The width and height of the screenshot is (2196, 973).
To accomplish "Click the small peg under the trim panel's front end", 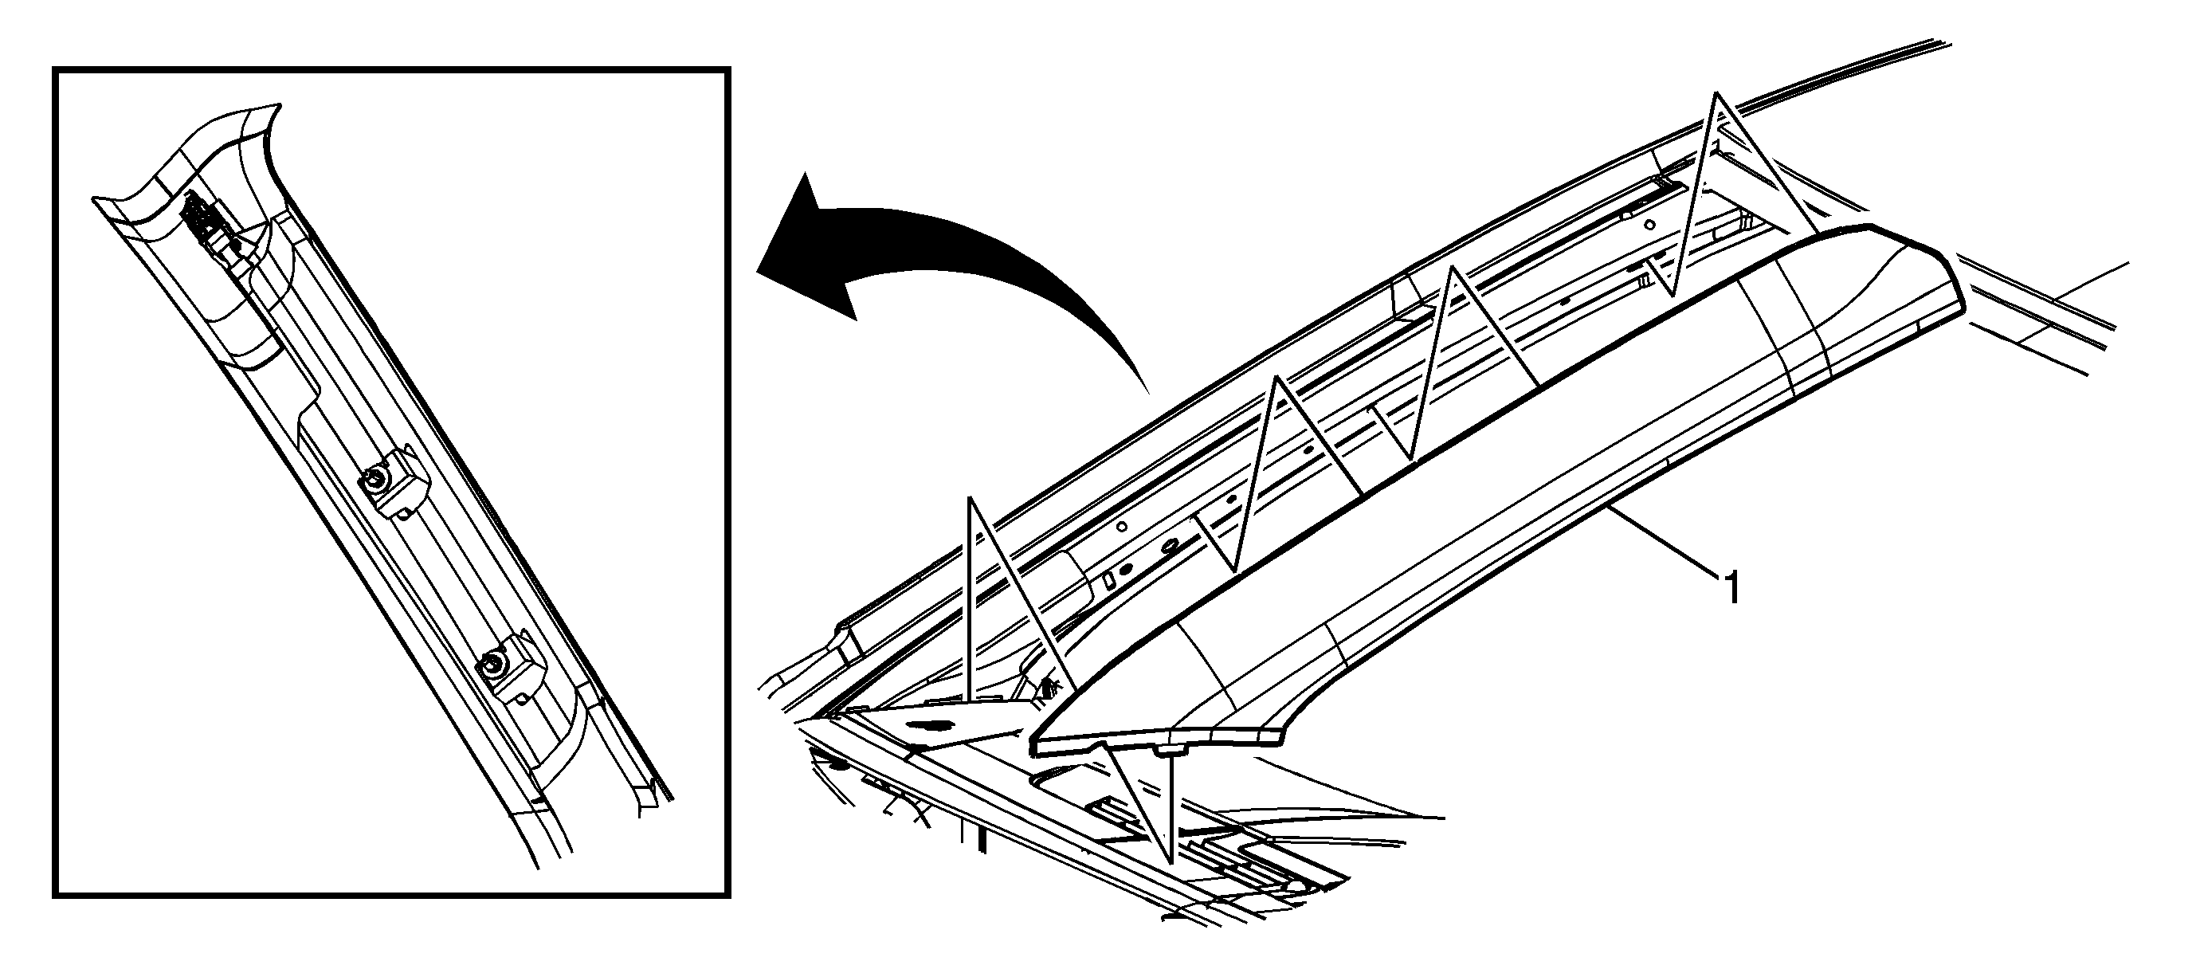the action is click(1172, 751).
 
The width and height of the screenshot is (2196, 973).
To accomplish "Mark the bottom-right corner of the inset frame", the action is click(728, 896).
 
